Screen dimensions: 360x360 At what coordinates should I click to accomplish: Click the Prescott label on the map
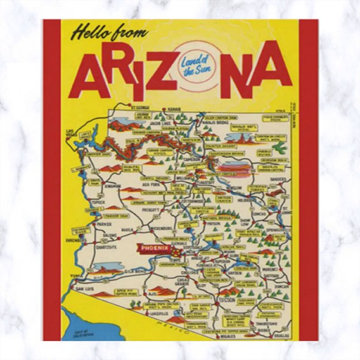click(x=150, y=210)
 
